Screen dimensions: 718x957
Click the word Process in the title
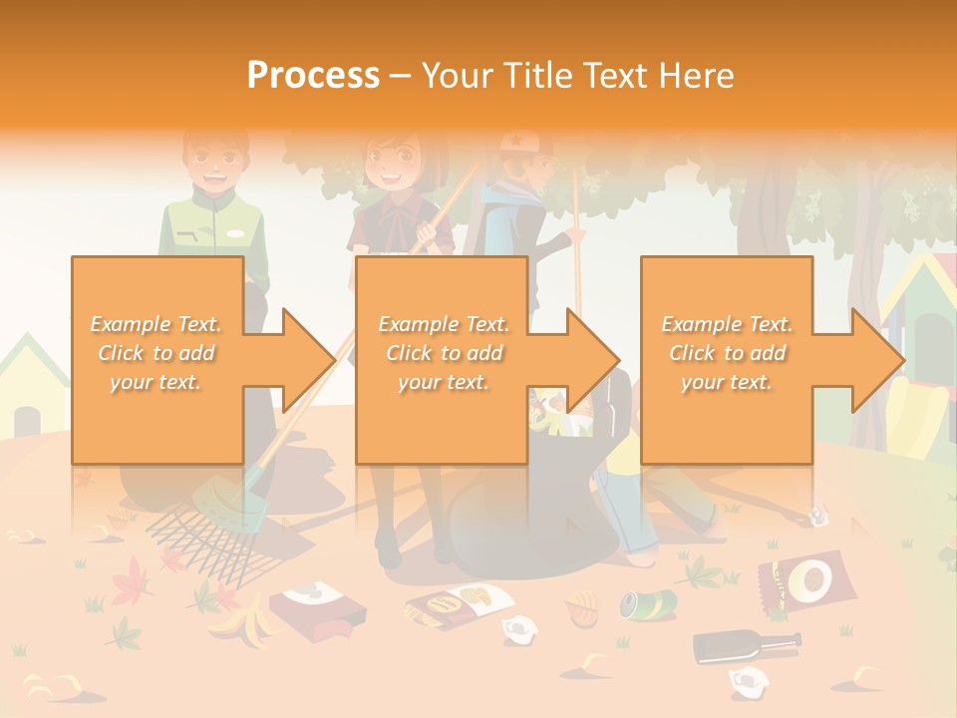313,76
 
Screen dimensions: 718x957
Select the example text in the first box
156,353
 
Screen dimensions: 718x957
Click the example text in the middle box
443,353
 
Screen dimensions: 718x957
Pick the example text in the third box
727,353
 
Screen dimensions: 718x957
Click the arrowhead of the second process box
592,360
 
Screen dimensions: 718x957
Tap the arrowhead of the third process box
876,360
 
